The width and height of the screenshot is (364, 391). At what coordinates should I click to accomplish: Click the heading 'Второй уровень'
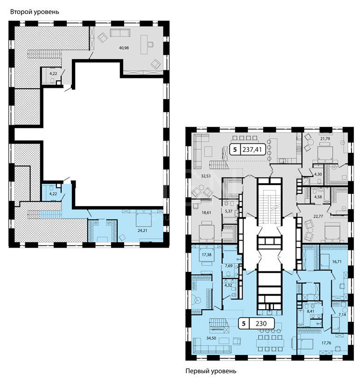click(35, 12)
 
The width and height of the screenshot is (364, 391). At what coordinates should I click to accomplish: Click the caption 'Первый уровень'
click(211, 371)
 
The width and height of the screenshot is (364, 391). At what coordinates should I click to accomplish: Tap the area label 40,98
click(124, 48)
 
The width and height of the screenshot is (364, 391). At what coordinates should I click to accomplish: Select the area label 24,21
click(142, 231)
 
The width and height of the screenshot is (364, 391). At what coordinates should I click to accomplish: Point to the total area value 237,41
click(252, 149)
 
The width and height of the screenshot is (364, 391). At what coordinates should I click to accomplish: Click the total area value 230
click(261, 323)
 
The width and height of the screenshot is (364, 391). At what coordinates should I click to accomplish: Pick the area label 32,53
click(206, 176)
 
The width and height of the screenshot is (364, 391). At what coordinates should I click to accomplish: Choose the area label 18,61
click(206, 213)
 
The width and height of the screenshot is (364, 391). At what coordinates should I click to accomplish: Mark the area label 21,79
click(325, 139)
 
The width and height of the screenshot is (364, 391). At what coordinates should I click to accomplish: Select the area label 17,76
click(326, 343)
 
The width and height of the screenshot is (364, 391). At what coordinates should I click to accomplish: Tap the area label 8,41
click(311, 312)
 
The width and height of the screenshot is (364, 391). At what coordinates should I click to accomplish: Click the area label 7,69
click(229, 266)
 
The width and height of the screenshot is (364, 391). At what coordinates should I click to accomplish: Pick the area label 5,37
click(229, 211)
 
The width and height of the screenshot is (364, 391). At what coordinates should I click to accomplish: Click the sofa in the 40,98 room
click(120, 33)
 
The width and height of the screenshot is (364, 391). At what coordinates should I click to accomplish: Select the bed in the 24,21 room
click(144, 218)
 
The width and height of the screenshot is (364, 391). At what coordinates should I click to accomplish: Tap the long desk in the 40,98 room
click(144, 44)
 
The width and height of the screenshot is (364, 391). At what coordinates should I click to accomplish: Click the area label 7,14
click(342, 315)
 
